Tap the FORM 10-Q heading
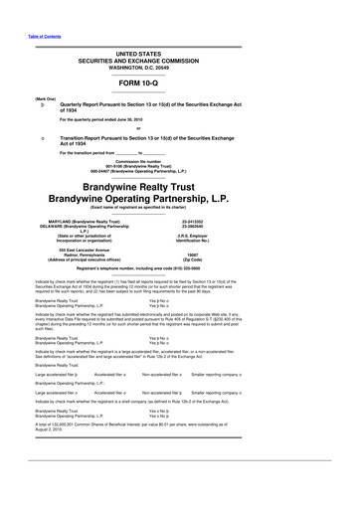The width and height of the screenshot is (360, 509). click(180, 83)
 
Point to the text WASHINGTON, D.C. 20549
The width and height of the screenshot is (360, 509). click(180, 66)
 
